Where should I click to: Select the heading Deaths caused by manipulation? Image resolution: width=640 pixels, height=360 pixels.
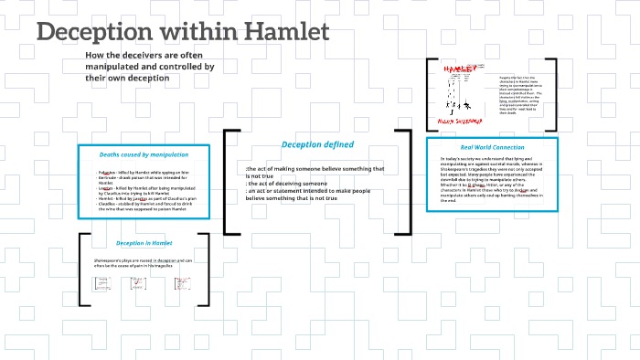pos(144,154)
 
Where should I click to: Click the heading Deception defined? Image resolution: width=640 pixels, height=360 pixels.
pos(317,144)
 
